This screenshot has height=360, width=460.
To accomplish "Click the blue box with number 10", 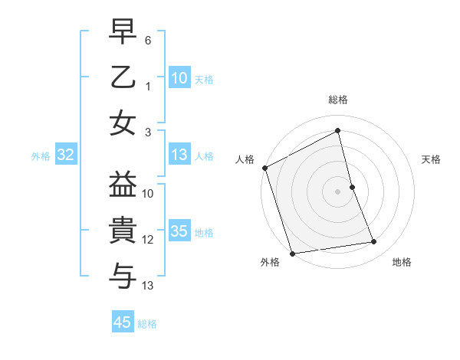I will [179, 78].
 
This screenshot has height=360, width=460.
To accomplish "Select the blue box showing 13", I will [179, 155].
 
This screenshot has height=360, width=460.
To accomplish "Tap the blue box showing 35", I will [179, 232].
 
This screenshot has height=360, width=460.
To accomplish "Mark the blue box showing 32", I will [66, 155].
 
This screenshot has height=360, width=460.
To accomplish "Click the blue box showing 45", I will [123, 322].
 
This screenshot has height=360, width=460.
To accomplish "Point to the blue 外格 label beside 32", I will [41, 156].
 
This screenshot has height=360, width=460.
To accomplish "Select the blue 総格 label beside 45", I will [147, 324].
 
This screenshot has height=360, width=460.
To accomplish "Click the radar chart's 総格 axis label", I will [338, 100].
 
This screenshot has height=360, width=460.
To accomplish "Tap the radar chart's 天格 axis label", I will [431, 159].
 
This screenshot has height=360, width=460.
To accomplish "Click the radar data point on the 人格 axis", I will [264, 168].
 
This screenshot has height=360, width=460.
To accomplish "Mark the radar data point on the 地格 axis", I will [374, 242].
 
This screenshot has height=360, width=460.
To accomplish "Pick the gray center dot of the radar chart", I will [338, 191].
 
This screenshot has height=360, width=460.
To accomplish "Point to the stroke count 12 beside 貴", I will [148, 240].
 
